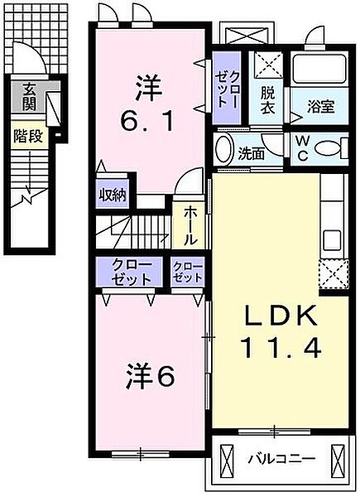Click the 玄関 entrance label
pos(29,97)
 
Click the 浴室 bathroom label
pos(320,106)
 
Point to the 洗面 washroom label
pos(251,152)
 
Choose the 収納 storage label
pos(114,196)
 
